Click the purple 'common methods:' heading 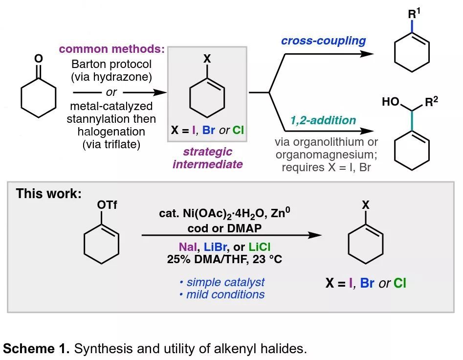pos(111,50)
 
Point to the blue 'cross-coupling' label pos(323,41)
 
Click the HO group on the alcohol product pos(389,102)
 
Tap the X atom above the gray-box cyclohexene pos(207,59)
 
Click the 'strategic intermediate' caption pos(207,158)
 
